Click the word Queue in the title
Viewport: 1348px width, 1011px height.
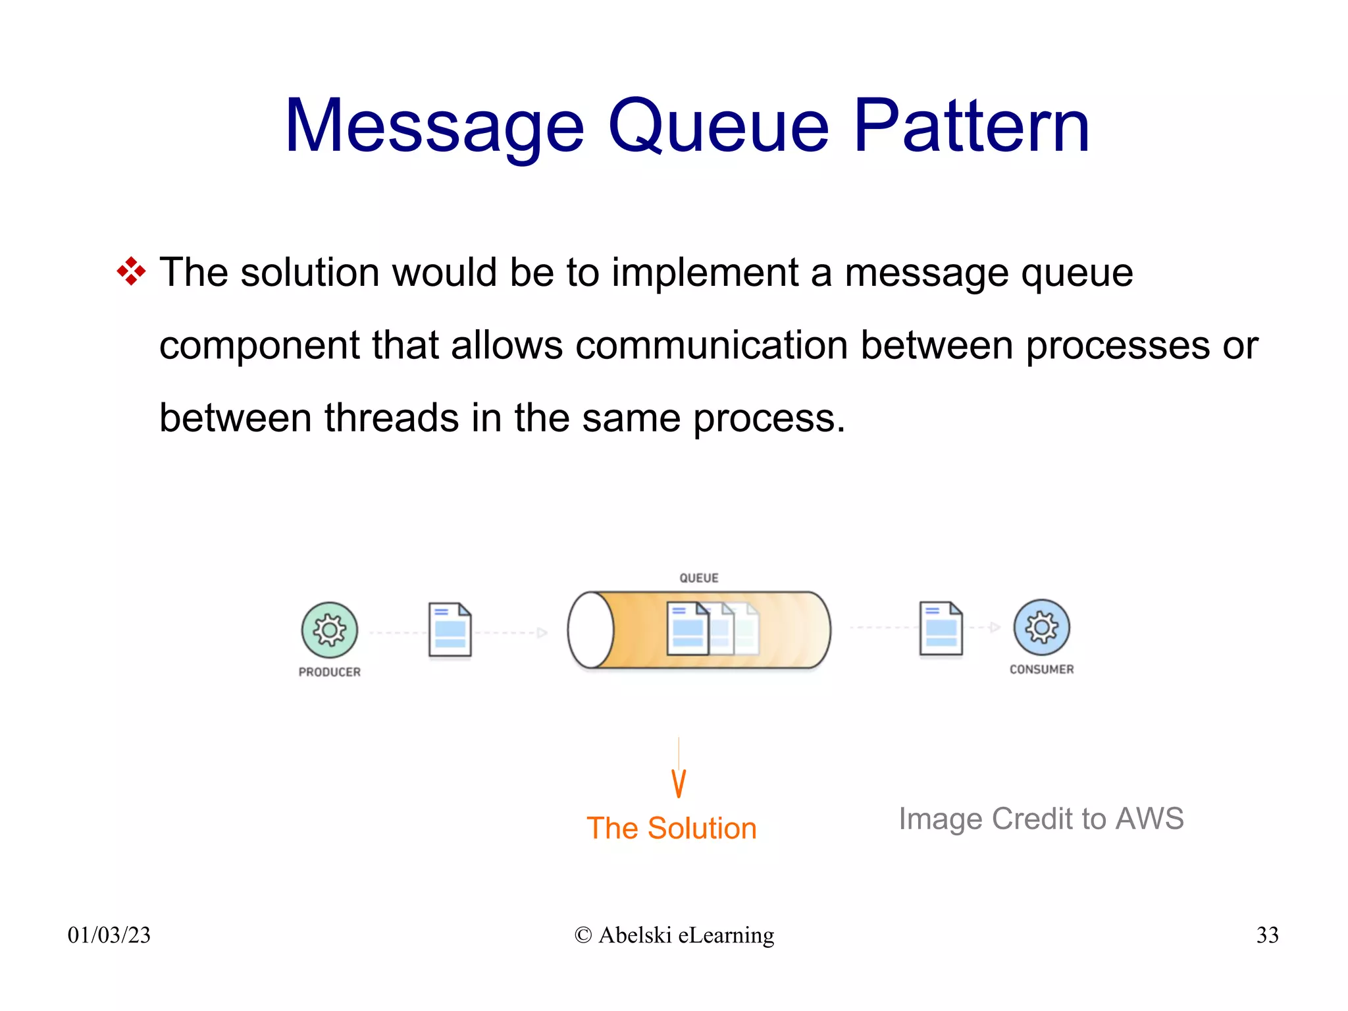coord(718,126)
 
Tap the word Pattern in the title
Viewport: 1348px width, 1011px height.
coord(972,126)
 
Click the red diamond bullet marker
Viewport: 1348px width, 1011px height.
coord(131,271)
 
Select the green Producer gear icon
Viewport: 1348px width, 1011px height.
coord(330,630)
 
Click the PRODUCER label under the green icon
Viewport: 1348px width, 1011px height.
coord(330,672)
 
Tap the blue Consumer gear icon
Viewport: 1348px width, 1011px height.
coord(1041,628)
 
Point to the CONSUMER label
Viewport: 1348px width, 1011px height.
coord(1041,669)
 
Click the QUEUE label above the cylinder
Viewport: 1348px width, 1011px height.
coord(699,578)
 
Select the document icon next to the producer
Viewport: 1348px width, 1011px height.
coord(450,630)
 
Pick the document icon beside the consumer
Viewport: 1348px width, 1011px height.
coord(941,629)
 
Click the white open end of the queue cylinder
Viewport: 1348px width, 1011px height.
coord(590,630)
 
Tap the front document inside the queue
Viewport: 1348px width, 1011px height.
coord(687,629)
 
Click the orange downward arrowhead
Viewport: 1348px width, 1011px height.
coord(679,784)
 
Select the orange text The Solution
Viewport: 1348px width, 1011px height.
coord(671,828)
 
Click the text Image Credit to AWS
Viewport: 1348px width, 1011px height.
coord(1041,819)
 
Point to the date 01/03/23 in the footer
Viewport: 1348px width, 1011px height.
coord(109,935)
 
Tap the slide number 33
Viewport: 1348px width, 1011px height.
coord(1267,935)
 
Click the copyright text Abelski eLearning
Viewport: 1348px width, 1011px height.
coord(674,935)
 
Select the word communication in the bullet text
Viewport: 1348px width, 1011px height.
coord(712,345)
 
